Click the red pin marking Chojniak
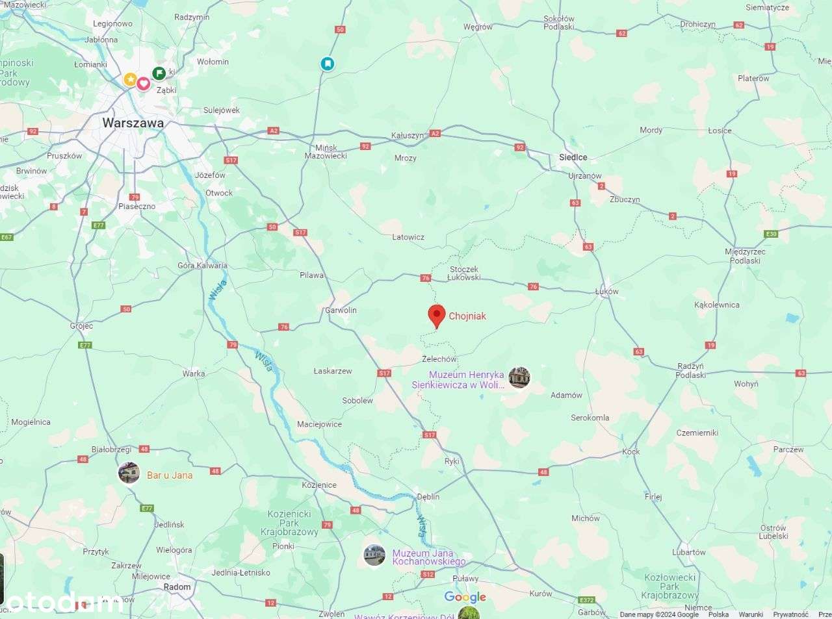(x=437, y=316)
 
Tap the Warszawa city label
(x=133, y=123)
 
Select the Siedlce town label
(x=573, y=157)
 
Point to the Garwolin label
(x=341, y=310)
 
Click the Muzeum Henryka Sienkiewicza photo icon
(x=519, y=377)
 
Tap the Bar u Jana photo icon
(x=129, y=473)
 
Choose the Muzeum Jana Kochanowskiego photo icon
(x=374, y=555)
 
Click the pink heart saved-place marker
(x=144, y=83)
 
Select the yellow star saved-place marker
(x=130, y=79)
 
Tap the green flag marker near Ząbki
(x=159, y=73)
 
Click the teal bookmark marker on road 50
(x=328, y=64)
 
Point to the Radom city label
(x=177, y=587)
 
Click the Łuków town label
(x=606, y=292)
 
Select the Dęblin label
(x=428, y=497)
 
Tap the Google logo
(x=465, y=597)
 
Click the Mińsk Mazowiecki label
(x=326, y=152)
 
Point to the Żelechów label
(x=439, y=359)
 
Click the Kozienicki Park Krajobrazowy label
(x=289, y=523)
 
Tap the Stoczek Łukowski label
(x=464, y=273)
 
